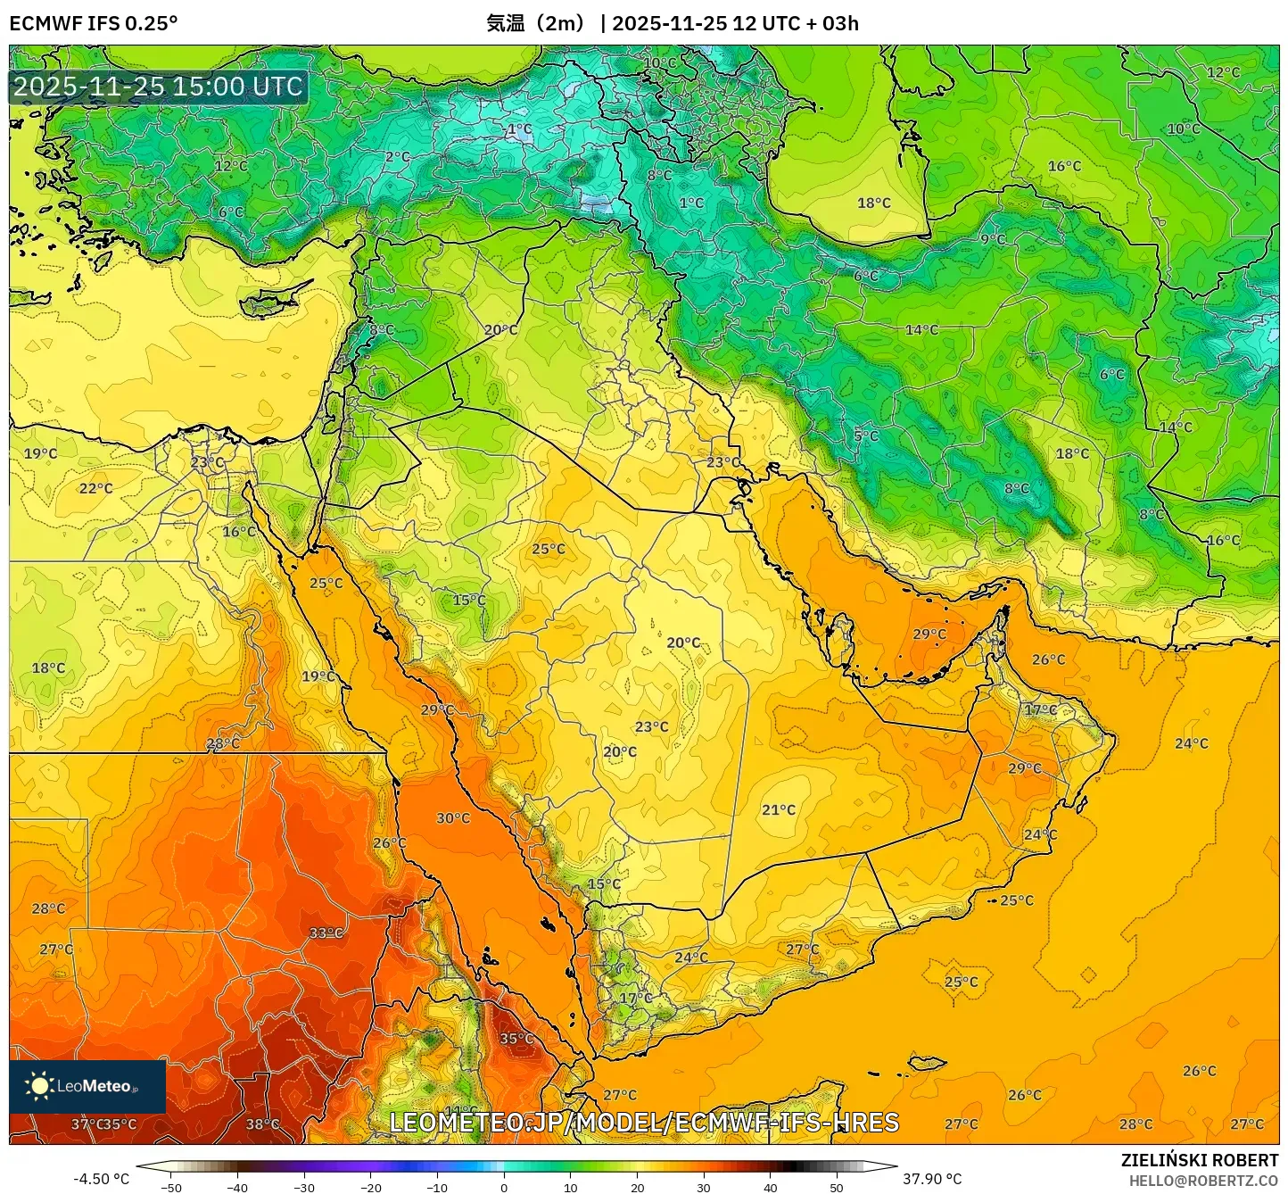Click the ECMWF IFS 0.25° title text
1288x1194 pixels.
(x=94, y=23)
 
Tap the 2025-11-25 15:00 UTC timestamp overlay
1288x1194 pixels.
(x=159, y=87)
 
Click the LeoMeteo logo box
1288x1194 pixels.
(x=87, y=1086)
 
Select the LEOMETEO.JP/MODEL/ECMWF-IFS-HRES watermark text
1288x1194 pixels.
(x=644, y=1123)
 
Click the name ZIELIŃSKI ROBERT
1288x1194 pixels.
(x=1200, y=1160)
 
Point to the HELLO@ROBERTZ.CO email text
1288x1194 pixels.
(x=1203, y=1181)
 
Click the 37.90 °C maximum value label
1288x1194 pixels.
(x=932, y=1179)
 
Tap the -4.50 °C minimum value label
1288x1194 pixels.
(x=101, y=1179)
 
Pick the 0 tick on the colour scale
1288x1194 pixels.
(x=504, y=1187)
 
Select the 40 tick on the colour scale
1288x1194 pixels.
(x=770, y=1187)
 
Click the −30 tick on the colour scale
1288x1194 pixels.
(x=304, y=1187)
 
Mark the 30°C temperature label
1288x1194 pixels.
(x=453, y=818)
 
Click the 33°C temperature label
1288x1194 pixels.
(x=326, y=933)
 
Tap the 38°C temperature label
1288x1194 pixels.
(x=262, y=1124)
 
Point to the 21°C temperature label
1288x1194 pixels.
(x=779, y=810)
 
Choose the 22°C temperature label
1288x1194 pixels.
(x=96, y=489)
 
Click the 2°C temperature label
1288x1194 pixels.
(x=398, y=157)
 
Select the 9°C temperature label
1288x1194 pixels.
(x=993, y=239)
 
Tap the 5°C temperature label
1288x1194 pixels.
(x=866, y=435)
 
